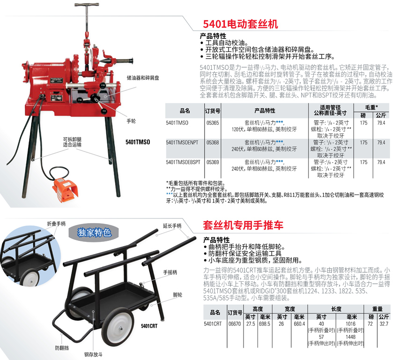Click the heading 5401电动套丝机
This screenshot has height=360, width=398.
tap(240, 24)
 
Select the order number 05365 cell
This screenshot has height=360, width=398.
tap(213, 123)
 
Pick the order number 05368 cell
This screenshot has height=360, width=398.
tap(213, 143)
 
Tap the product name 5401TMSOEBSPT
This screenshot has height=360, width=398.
tap(183, 162)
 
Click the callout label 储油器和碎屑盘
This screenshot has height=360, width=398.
tap(143, 78)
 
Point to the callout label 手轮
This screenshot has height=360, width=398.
tap(131, 121)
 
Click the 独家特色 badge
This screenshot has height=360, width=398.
tap(94, 232)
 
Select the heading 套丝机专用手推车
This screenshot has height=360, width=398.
tap(243, 225)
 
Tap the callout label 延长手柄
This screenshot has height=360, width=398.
tap(172, 226)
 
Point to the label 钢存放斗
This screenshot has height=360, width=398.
tap(93, 355)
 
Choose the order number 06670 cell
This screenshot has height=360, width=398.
tap(235, 324)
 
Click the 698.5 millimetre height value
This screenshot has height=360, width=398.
tap(265, 324)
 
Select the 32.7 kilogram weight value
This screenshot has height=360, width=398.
tap(384, 324)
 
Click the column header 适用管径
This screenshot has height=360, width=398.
tap(330, 107)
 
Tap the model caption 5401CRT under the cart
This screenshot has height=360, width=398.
tap(149, 326)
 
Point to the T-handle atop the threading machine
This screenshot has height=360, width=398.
tap(87, 15)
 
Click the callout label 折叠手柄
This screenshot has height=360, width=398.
tap(56, 224)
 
